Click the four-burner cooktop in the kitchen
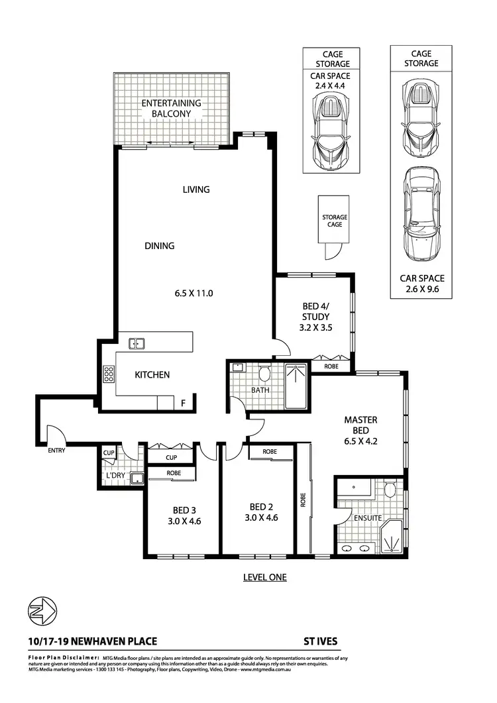tap(109, 375)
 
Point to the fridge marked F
tap(184, 402)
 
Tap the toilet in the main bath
tap(264, 374)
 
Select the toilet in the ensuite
tap(390, 490)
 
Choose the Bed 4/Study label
tap(315, 317)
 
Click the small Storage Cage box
tap(335, 221)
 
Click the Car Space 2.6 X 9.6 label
tap(421, 284)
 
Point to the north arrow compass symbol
tap(40, 612)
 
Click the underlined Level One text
tap(264, 577)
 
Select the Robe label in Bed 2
tap(270, 452)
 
